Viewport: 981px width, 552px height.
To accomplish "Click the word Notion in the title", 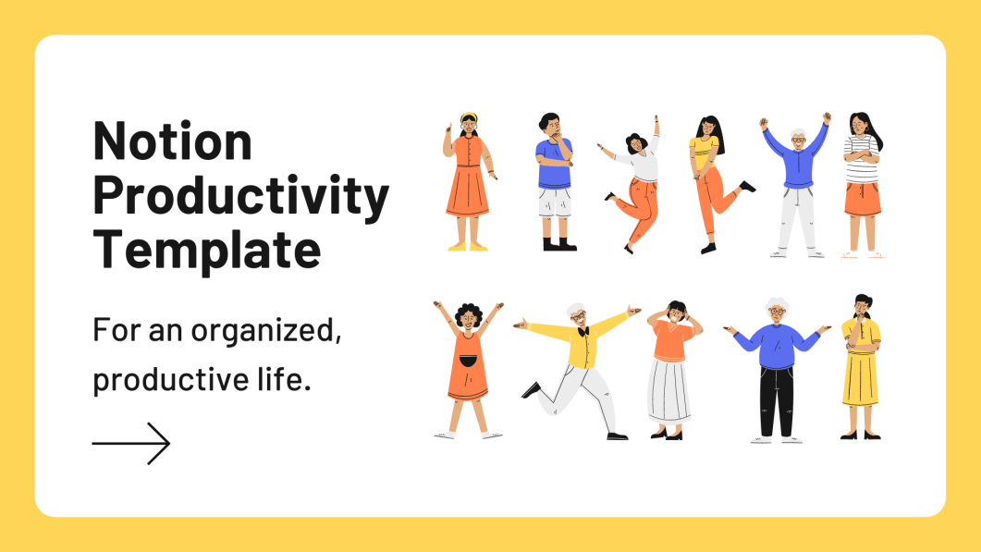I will tap(173, 141).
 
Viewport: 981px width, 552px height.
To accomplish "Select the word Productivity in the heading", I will tap(240, 196).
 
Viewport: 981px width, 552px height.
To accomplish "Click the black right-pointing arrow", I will tap(131, 443).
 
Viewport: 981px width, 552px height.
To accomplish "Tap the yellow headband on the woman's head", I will tap(469, 117).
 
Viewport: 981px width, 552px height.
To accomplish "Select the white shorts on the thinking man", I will tap(555, 202).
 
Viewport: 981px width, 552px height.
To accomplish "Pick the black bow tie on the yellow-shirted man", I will tap(582, 331).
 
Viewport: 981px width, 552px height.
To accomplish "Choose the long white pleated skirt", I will tap(668, 389).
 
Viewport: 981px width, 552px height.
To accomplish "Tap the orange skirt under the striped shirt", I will tap(862, 198).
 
